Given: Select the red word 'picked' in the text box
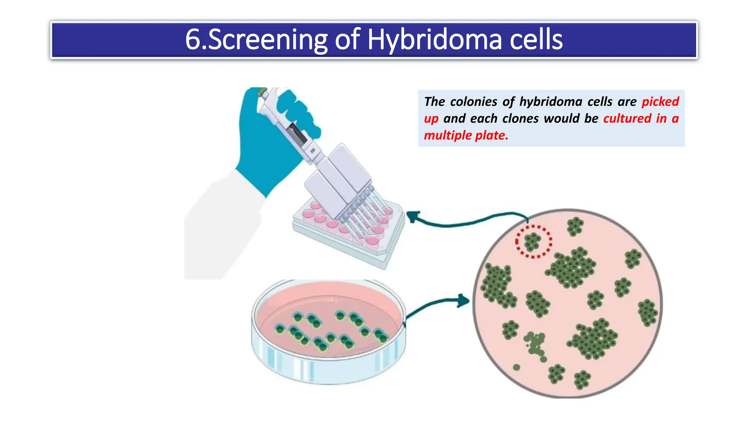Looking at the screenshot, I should pyautogui.click(x=660, y=102).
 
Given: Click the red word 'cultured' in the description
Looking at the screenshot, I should pyautogui.click(x=627, y=118).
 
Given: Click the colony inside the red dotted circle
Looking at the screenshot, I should pyautogui.click(x=533, y=241).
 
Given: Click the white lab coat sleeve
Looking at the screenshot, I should pyautogui.click(x=223, y=227).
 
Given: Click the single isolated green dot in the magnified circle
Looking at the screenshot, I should pyautogui.click(x=516, y=367).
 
